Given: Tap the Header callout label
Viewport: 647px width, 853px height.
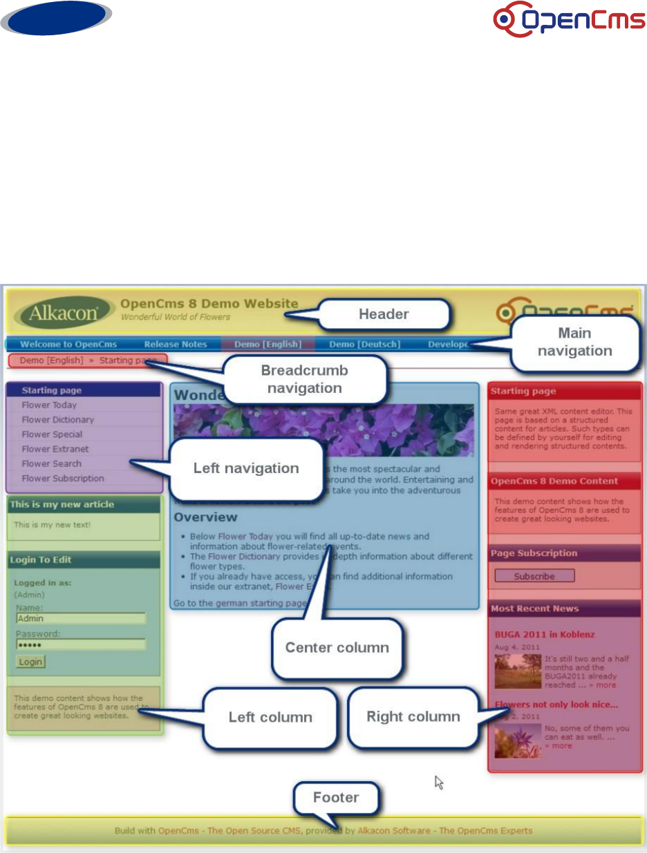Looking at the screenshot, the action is [384, 314].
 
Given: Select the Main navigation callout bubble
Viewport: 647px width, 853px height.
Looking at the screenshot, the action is [574, 342].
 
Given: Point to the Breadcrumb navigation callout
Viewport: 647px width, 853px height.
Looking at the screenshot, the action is [305, 379].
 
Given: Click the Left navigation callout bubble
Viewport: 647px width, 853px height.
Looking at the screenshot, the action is [245, 468].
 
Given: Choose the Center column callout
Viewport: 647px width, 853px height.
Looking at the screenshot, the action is [337, 647].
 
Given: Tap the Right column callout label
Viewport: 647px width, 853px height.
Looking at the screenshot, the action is [413, 716].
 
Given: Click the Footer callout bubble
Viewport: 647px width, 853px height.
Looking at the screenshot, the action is [336, 798].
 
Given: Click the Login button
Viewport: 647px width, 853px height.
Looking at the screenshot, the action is [30, 662].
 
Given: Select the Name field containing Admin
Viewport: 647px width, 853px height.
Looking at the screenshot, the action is [80, 618].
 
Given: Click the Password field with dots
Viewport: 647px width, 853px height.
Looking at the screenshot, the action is [80, 644].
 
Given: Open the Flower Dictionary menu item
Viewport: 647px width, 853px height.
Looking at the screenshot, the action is [57, 419].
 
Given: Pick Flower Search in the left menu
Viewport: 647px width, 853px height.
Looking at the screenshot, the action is [51, 463].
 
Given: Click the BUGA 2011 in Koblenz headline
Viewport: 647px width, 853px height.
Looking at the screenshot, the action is [544, 634].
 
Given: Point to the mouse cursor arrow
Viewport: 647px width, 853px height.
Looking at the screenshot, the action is [438, 781].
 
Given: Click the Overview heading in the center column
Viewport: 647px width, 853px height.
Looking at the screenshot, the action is [205, 517].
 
